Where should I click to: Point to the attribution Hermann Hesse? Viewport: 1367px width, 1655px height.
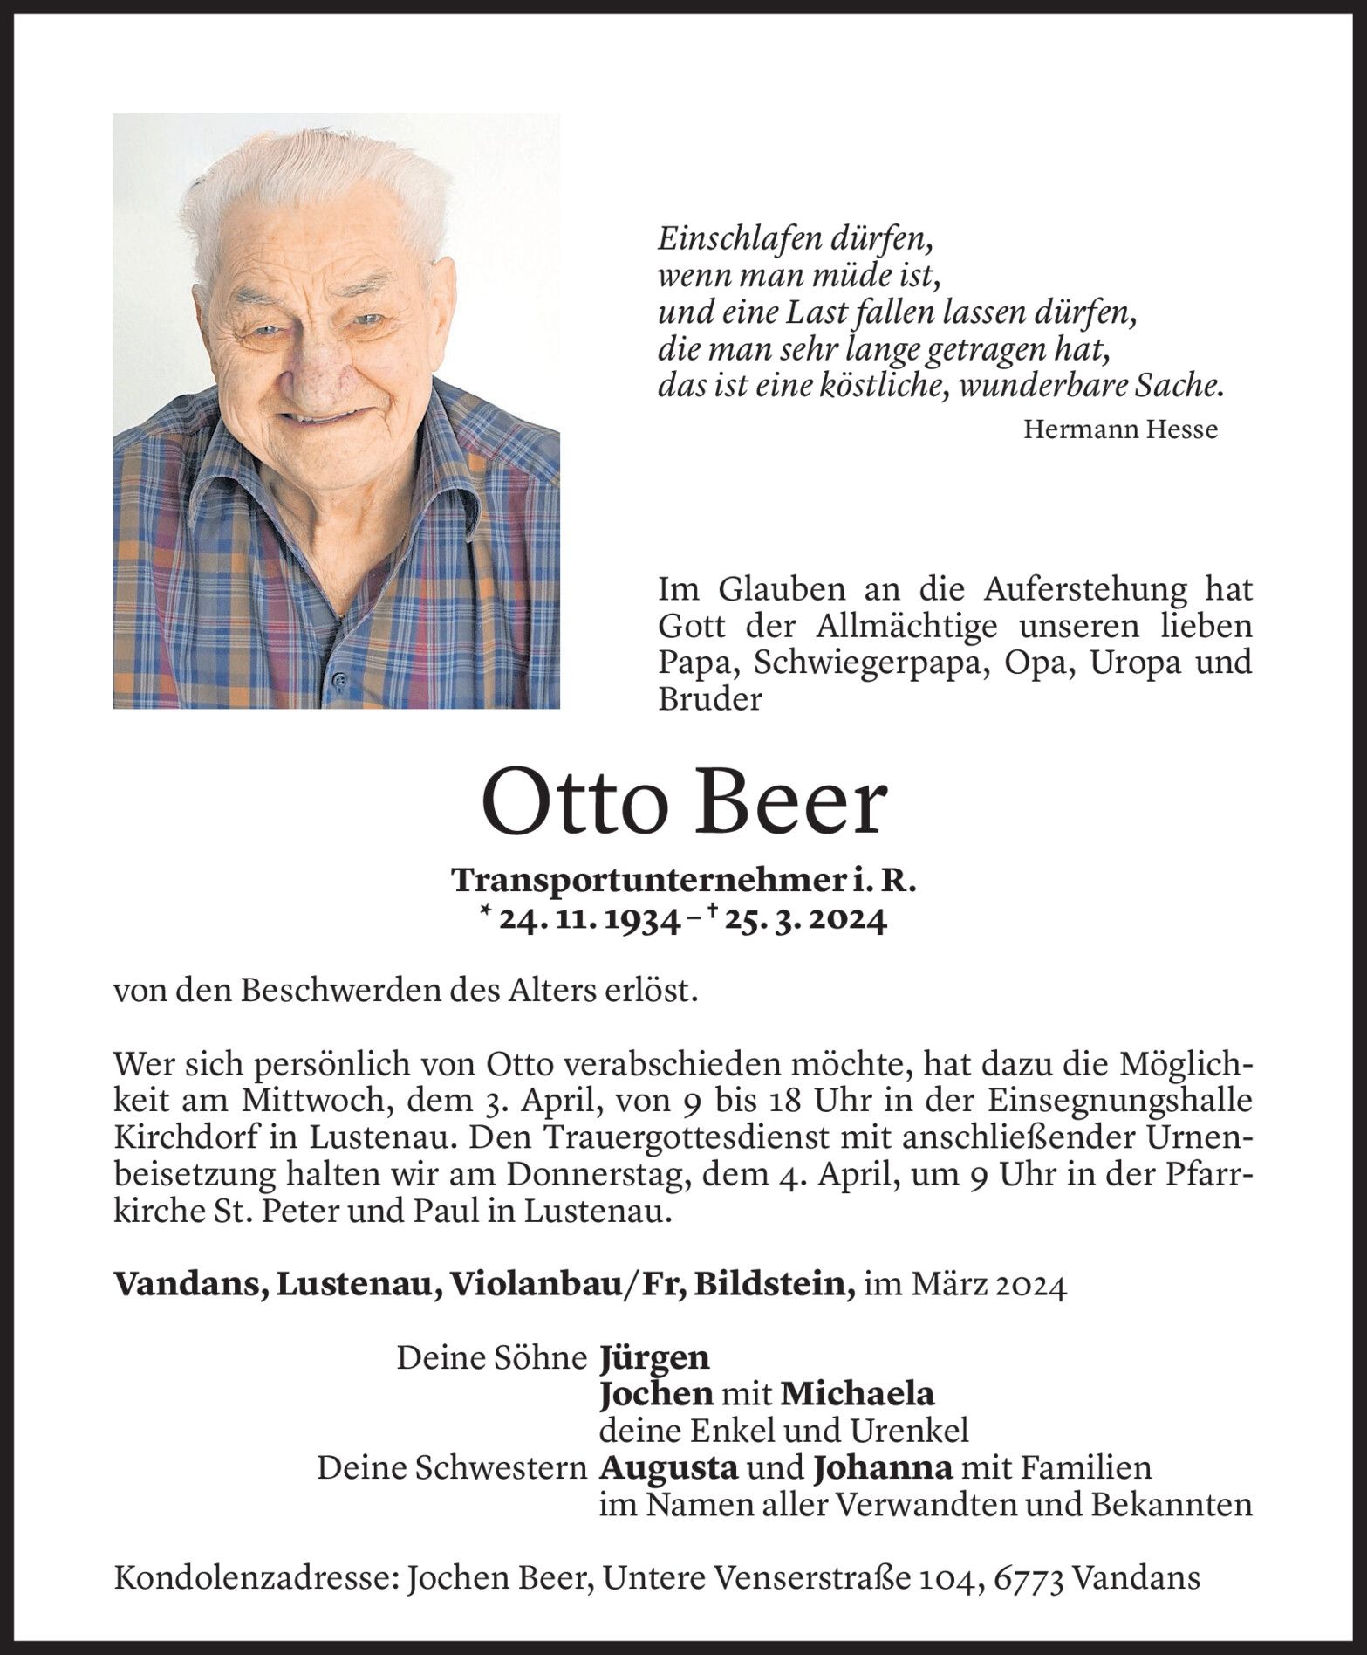[1120, 429]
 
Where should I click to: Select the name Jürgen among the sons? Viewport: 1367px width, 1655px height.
[654, 1357]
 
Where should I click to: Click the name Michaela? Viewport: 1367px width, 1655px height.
[856, 1394]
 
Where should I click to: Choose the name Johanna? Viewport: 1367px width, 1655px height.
[882, 1468]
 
